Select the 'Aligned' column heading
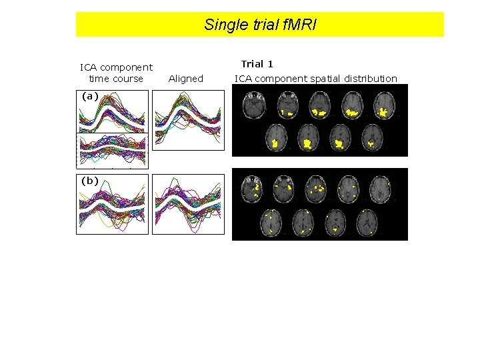point(186,79)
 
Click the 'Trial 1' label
point(257,65)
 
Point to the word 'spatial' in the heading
point(326,79)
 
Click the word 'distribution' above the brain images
point(371,79)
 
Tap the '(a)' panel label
point(90,96)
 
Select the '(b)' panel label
point(90,181)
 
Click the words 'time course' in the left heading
point(116,79)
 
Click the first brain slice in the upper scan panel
point(254,106)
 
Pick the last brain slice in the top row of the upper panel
point(383,106)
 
